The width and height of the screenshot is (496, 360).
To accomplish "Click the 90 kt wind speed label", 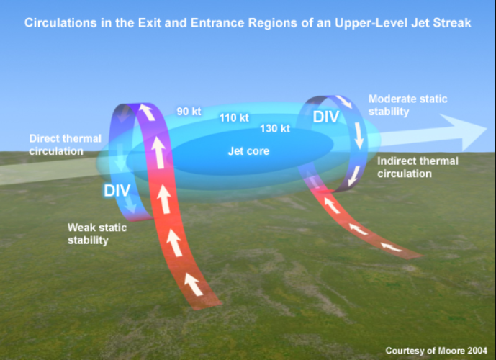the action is tap(189, 112).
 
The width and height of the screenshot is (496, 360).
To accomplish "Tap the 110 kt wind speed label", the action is tap(234, 118).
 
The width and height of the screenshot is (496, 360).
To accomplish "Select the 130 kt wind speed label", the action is tap(275, 128).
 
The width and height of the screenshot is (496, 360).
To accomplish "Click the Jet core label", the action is tap(248, 151).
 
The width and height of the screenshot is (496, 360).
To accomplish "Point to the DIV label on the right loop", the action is tap(326, 117).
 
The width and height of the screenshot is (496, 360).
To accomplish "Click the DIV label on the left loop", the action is tap(117, 190).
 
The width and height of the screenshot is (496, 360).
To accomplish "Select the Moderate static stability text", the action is tap(407, 105).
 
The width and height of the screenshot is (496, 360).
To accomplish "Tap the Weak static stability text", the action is tap(97, 234).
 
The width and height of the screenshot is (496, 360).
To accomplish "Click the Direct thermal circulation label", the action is tap(66, 145).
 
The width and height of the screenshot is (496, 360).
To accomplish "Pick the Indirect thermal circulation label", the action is tap(418, 167).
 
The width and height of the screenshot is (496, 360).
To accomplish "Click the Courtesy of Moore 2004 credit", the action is tap(436, 351).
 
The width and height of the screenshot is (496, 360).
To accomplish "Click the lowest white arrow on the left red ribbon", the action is tap(193, 284).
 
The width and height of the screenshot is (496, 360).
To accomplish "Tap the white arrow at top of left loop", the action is tap(147, 112).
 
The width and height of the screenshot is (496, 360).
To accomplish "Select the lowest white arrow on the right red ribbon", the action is tap(392, 247).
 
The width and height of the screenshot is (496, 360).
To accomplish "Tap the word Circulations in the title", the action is tap(60, 23).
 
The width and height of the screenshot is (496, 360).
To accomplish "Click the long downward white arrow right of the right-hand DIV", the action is tap(359, 135).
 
